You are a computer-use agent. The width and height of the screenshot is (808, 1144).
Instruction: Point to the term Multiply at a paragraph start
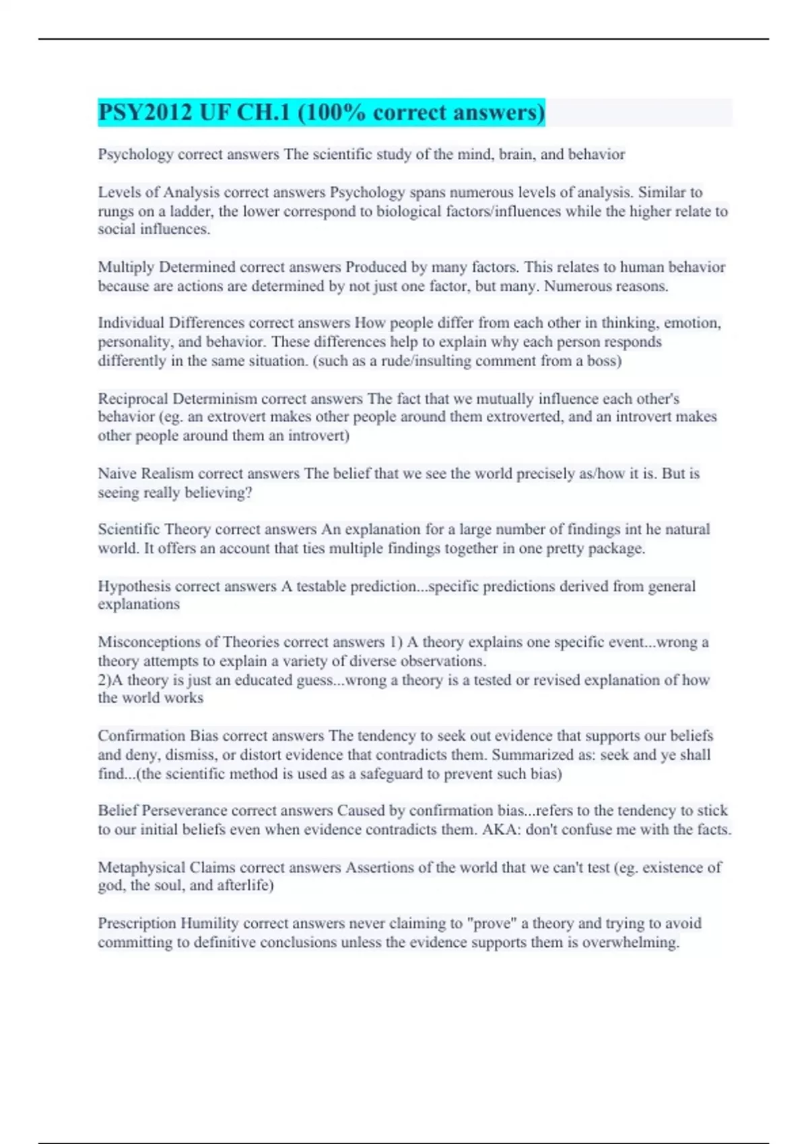point(126,267)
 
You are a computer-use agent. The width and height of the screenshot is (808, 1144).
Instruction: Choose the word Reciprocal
point(133,398)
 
